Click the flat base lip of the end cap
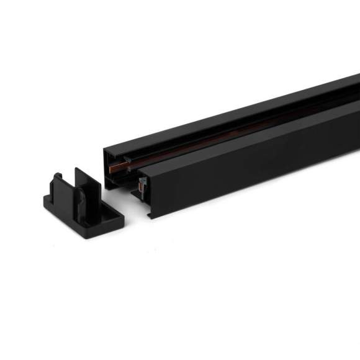pyautogui.click(x=93, y=215)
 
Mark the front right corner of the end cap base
pyautogui.click(x=118, y=218)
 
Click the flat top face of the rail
pyautogui.click(x=236, y=112)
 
